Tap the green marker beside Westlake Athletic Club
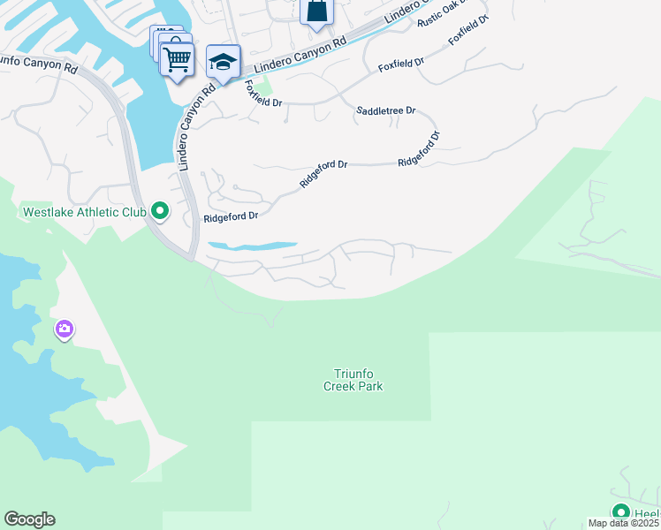pos(160,211)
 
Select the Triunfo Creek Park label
pos(359,380)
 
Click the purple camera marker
pos(64,330)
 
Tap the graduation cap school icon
pos(223,63)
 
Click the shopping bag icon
pos(315,11)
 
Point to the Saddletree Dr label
pos(385,111)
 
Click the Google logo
pos(29,519)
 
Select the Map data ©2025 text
pos(623,523)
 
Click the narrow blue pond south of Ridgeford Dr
pos(252,245)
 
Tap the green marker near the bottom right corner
pos(620,512)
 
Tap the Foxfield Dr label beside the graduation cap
pos(263,94)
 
